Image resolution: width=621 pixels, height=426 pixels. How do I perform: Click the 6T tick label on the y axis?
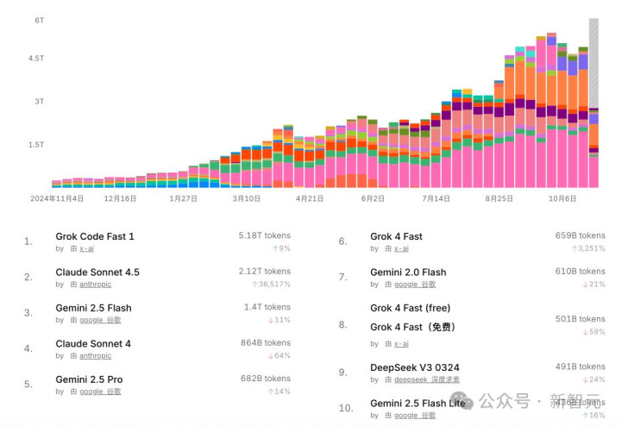point(39,20)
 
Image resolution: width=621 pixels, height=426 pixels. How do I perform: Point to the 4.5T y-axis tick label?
point(36,59)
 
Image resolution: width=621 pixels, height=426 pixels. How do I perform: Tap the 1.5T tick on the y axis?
point(36,145)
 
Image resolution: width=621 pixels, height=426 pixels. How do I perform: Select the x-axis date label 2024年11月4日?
point(57,198)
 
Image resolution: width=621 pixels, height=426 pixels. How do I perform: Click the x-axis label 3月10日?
point(246,198)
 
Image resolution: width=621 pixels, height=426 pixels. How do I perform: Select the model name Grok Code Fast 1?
point(95,236)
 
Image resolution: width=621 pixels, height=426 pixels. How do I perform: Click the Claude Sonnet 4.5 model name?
point(97,273)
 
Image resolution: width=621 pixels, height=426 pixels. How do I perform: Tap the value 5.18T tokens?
point(265,235)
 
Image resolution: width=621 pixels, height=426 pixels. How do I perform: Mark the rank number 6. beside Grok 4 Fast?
point(342,241)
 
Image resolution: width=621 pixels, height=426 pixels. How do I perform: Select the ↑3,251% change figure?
point(587,248)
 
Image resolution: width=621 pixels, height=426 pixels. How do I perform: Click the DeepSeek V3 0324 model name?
point(420,368)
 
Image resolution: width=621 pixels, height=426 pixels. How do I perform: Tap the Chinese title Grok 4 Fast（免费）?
point(413,327)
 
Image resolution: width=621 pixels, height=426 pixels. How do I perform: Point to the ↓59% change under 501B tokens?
point(594,331)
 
